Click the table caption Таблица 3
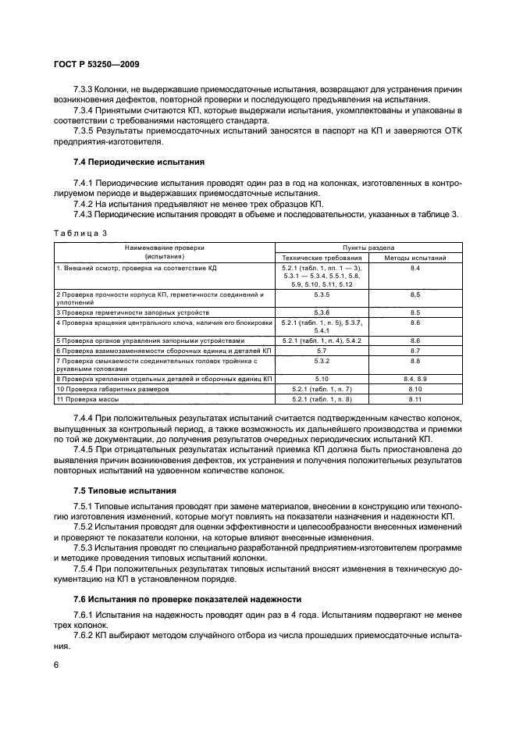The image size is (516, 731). point(79,233)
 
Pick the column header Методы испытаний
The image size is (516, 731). point(415,257)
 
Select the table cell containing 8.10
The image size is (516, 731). point(415,389)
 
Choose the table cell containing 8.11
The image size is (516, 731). point(415,400)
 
